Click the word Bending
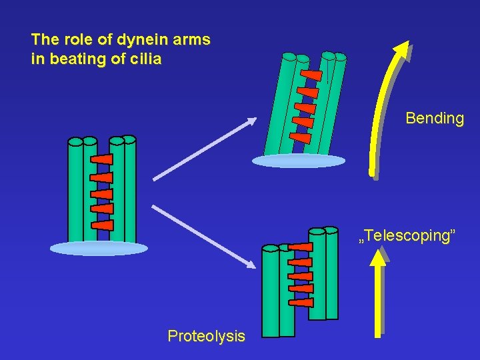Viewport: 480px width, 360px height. [434, 119]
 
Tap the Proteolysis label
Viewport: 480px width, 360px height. [206, 336]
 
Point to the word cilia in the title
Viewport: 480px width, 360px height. [146, 59]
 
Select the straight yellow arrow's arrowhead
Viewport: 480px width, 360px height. [378, 259]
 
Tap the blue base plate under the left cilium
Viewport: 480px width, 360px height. [99, 249]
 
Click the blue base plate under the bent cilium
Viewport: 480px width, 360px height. [299, 161]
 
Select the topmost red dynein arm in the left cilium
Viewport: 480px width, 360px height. [102, 160]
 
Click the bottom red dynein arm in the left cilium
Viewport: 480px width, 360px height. [102, 225]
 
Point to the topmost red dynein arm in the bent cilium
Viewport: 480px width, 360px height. [311, 75]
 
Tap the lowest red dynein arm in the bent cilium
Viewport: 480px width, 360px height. [301, 137]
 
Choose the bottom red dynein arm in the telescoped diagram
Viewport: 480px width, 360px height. [302, 302]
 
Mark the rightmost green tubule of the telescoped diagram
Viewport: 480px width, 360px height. [331, 273]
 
